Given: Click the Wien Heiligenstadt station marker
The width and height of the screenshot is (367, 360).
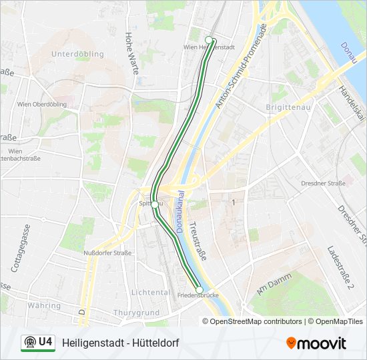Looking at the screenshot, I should [x=209, y=40].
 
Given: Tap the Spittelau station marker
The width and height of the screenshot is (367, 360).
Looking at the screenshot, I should [x=155, y=204].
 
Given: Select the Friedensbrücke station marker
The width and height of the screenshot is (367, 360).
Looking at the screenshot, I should [x=199, y=289].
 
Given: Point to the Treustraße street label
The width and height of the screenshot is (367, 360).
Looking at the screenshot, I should [x=199, y=240].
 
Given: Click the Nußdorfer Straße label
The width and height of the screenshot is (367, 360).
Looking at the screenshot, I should [x=107, y=253].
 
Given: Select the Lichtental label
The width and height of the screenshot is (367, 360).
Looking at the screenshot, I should [x=150, y=293].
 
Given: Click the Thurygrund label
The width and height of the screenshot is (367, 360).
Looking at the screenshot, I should [x=136, y=313].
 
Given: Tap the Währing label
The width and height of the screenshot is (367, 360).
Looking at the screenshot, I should [x=43, y=305].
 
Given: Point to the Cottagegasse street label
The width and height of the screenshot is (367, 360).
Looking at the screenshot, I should [x=21, y=247].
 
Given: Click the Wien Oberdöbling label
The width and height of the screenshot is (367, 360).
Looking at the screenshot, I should [x=39, y=104].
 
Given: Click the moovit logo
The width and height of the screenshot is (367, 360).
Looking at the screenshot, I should [x=316, y=343].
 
